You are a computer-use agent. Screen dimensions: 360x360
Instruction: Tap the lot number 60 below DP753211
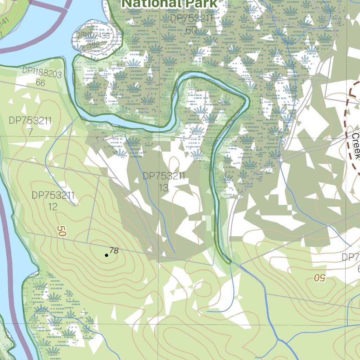pyautogui.click(x=191, y=30)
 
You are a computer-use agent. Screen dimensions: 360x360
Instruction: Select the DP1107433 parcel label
pyautogui.click(x=93, y=36)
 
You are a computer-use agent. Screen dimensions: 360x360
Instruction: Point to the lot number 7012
pyautogui.click(x=92, y=44)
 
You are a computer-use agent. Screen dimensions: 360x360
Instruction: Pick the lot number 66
pyautogui.click(x=40, y=83)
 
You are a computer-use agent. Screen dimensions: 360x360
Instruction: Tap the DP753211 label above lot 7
pyautogui.click(x=30, y=121)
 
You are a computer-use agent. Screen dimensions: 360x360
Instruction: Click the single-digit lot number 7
pyautogui.click(x=30, y=132)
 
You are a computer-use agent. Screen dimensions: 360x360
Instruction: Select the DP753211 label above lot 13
pyautogui.click(x=164, y=176)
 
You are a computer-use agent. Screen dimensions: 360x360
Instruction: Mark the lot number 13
pyautogui.click(x=163, y=188)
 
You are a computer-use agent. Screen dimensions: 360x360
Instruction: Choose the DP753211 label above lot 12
pyautogui.click(x=53, y=195)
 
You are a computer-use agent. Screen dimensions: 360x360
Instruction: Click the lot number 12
pyautogui.click(x=53, y=207)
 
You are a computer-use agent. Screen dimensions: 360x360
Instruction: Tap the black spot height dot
pyautogui.click(x=107, y=255)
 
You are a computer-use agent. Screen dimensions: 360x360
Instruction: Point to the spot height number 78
pyautogui.click(x=114, y=251)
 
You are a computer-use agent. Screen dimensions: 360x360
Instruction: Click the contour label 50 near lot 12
pyautogui.click(x=62, y=231)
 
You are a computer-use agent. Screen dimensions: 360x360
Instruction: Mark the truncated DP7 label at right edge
pyautogui.click(x=351, y=257)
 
